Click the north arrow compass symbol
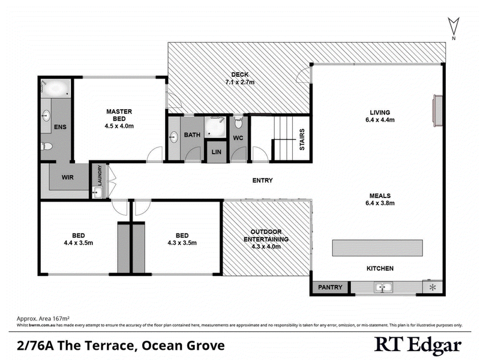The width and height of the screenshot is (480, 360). point(454,28)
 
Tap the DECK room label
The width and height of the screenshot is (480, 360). point(239,75)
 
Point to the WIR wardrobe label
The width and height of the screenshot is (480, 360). point(67,178)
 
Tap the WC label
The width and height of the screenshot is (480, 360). point(238,137)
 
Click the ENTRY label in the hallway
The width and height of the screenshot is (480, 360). point(263,180)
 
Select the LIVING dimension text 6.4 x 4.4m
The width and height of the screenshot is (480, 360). point(380,120)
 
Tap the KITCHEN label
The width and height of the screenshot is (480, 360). point(380,268)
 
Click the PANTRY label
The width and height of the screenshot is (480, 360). point(330,287)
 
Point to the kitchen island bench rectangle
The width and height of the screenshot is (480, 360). point(378,248)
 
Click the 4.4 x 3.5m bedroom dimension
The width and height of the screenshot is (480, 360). point(78,243)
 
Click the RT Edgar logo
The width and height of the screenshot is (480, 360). point(418,345)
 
